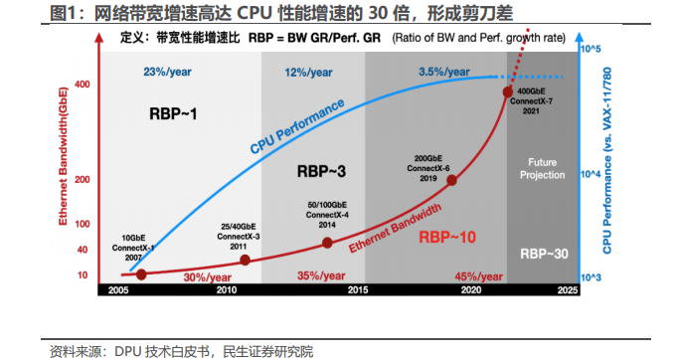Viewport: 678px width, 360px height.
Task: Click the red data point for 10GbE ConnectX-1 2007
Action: point(141,273)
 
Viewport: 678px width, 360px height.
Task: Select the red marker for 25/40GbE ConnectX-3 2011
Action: point(246,260)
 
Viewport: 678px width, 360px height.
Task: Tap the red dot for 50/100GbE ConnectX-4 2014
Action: point(327,243)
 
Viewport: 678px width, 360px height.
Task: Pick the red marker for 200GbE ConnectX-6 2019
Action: point(451,180)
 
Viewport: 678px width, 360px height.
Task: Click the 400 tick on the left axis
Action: point(82,84)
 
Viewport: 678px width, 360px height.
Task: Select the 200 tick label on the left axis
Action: point(82,180)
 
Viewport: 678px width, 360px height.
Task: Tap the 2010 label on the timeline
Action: point(227,290)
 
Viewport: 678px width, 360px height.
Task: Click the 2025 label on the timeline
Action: point(567,290)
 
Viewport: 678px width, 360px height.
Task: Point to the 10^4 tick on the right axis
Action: point(591,175)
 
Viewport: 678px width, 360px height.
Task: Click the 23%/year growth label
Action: point(166,72)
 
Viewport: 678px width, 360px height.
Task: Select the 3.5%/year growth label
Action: point(443,72)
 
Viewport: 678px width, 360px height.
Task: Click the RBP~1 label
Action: point(174,114)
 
